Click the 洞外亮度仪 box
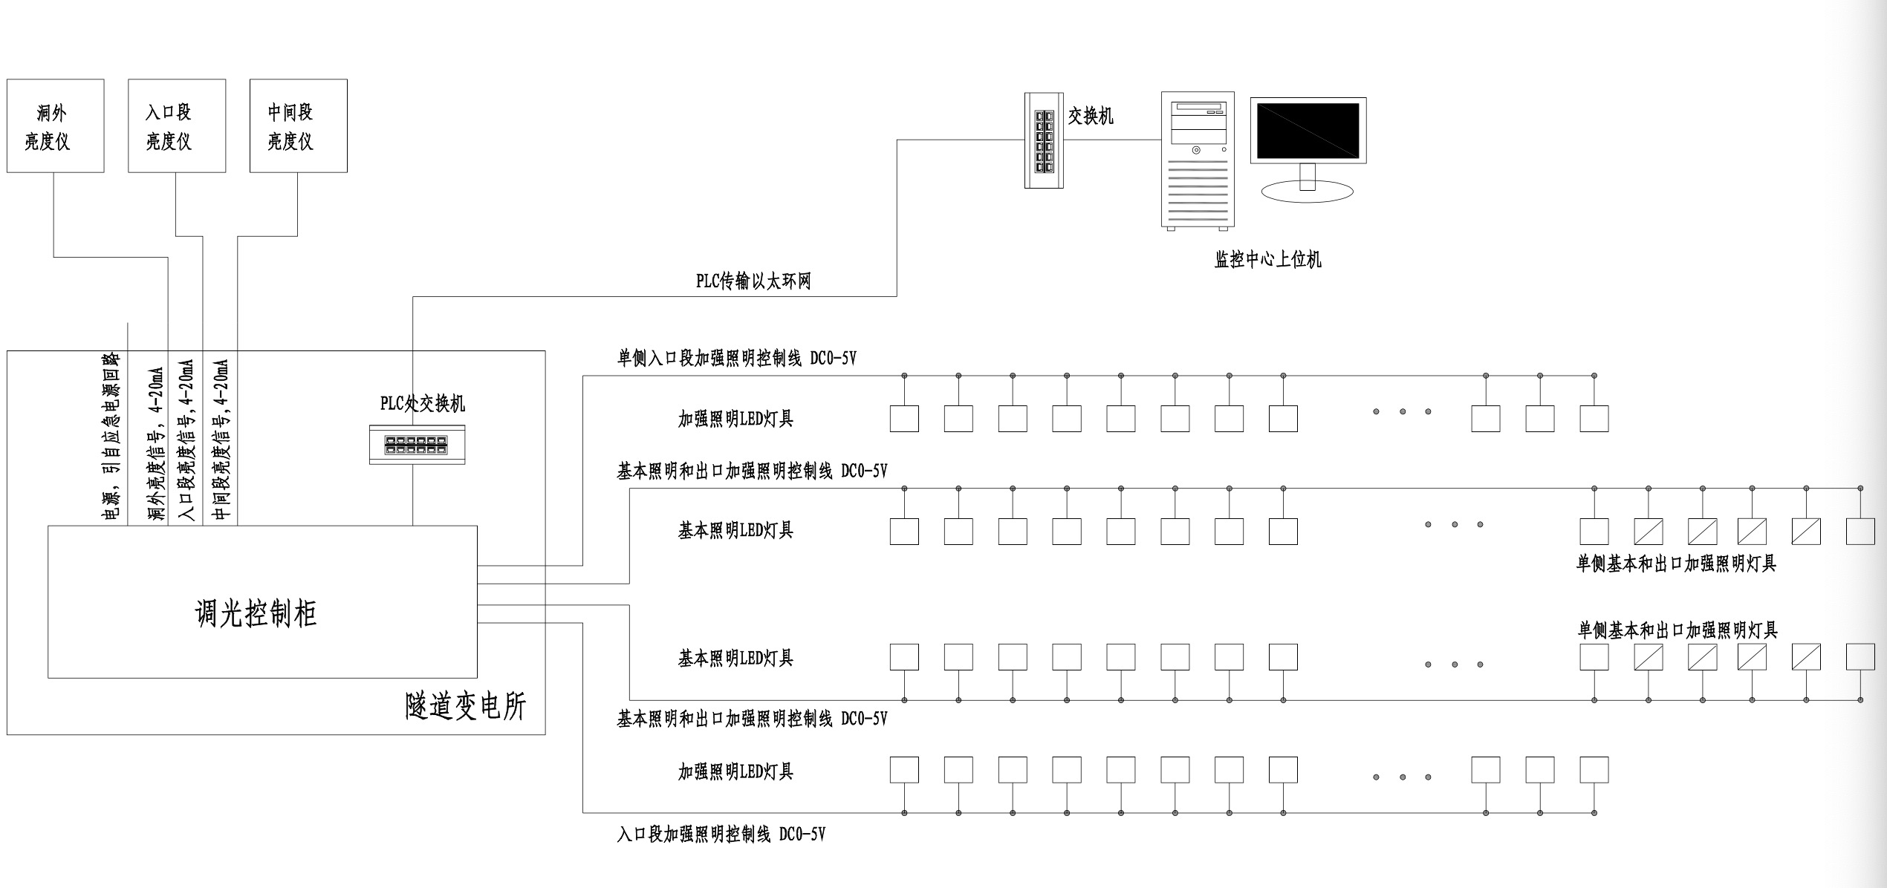coord(56,126)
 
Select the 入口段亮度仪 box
coord(177,126)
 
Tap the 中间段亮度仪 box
coord(299,126)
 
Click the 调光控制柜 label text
coord(256,614)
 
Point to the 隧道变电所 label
coord(466,706)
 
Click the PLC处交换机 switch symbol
coord(417,445)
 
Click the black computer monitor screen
coord(1308,131)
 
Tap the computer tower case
coord(1198,160)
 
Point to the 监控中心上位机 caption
coord(1267,260)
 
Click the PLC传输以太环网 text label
coord(753,281)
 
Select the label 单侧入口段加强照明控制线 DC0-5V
coord(737,359)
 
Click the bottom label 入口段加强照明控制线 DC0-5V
coord(721,835)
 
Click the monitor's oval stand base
coord(1308,192)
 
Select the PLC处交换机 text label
coord(423,404)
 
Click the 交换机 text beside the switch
coord(1091,117)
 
